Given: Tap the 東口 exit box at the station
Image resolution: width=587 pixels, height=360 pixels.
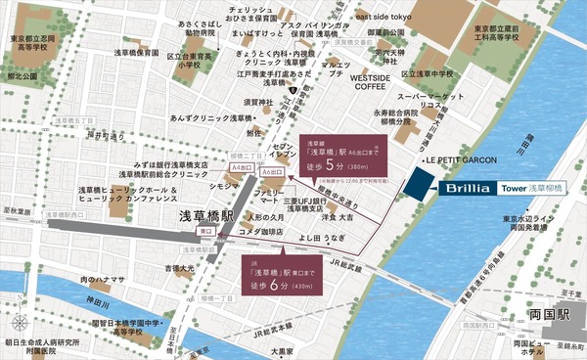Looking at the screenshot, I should coord(205,231).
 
